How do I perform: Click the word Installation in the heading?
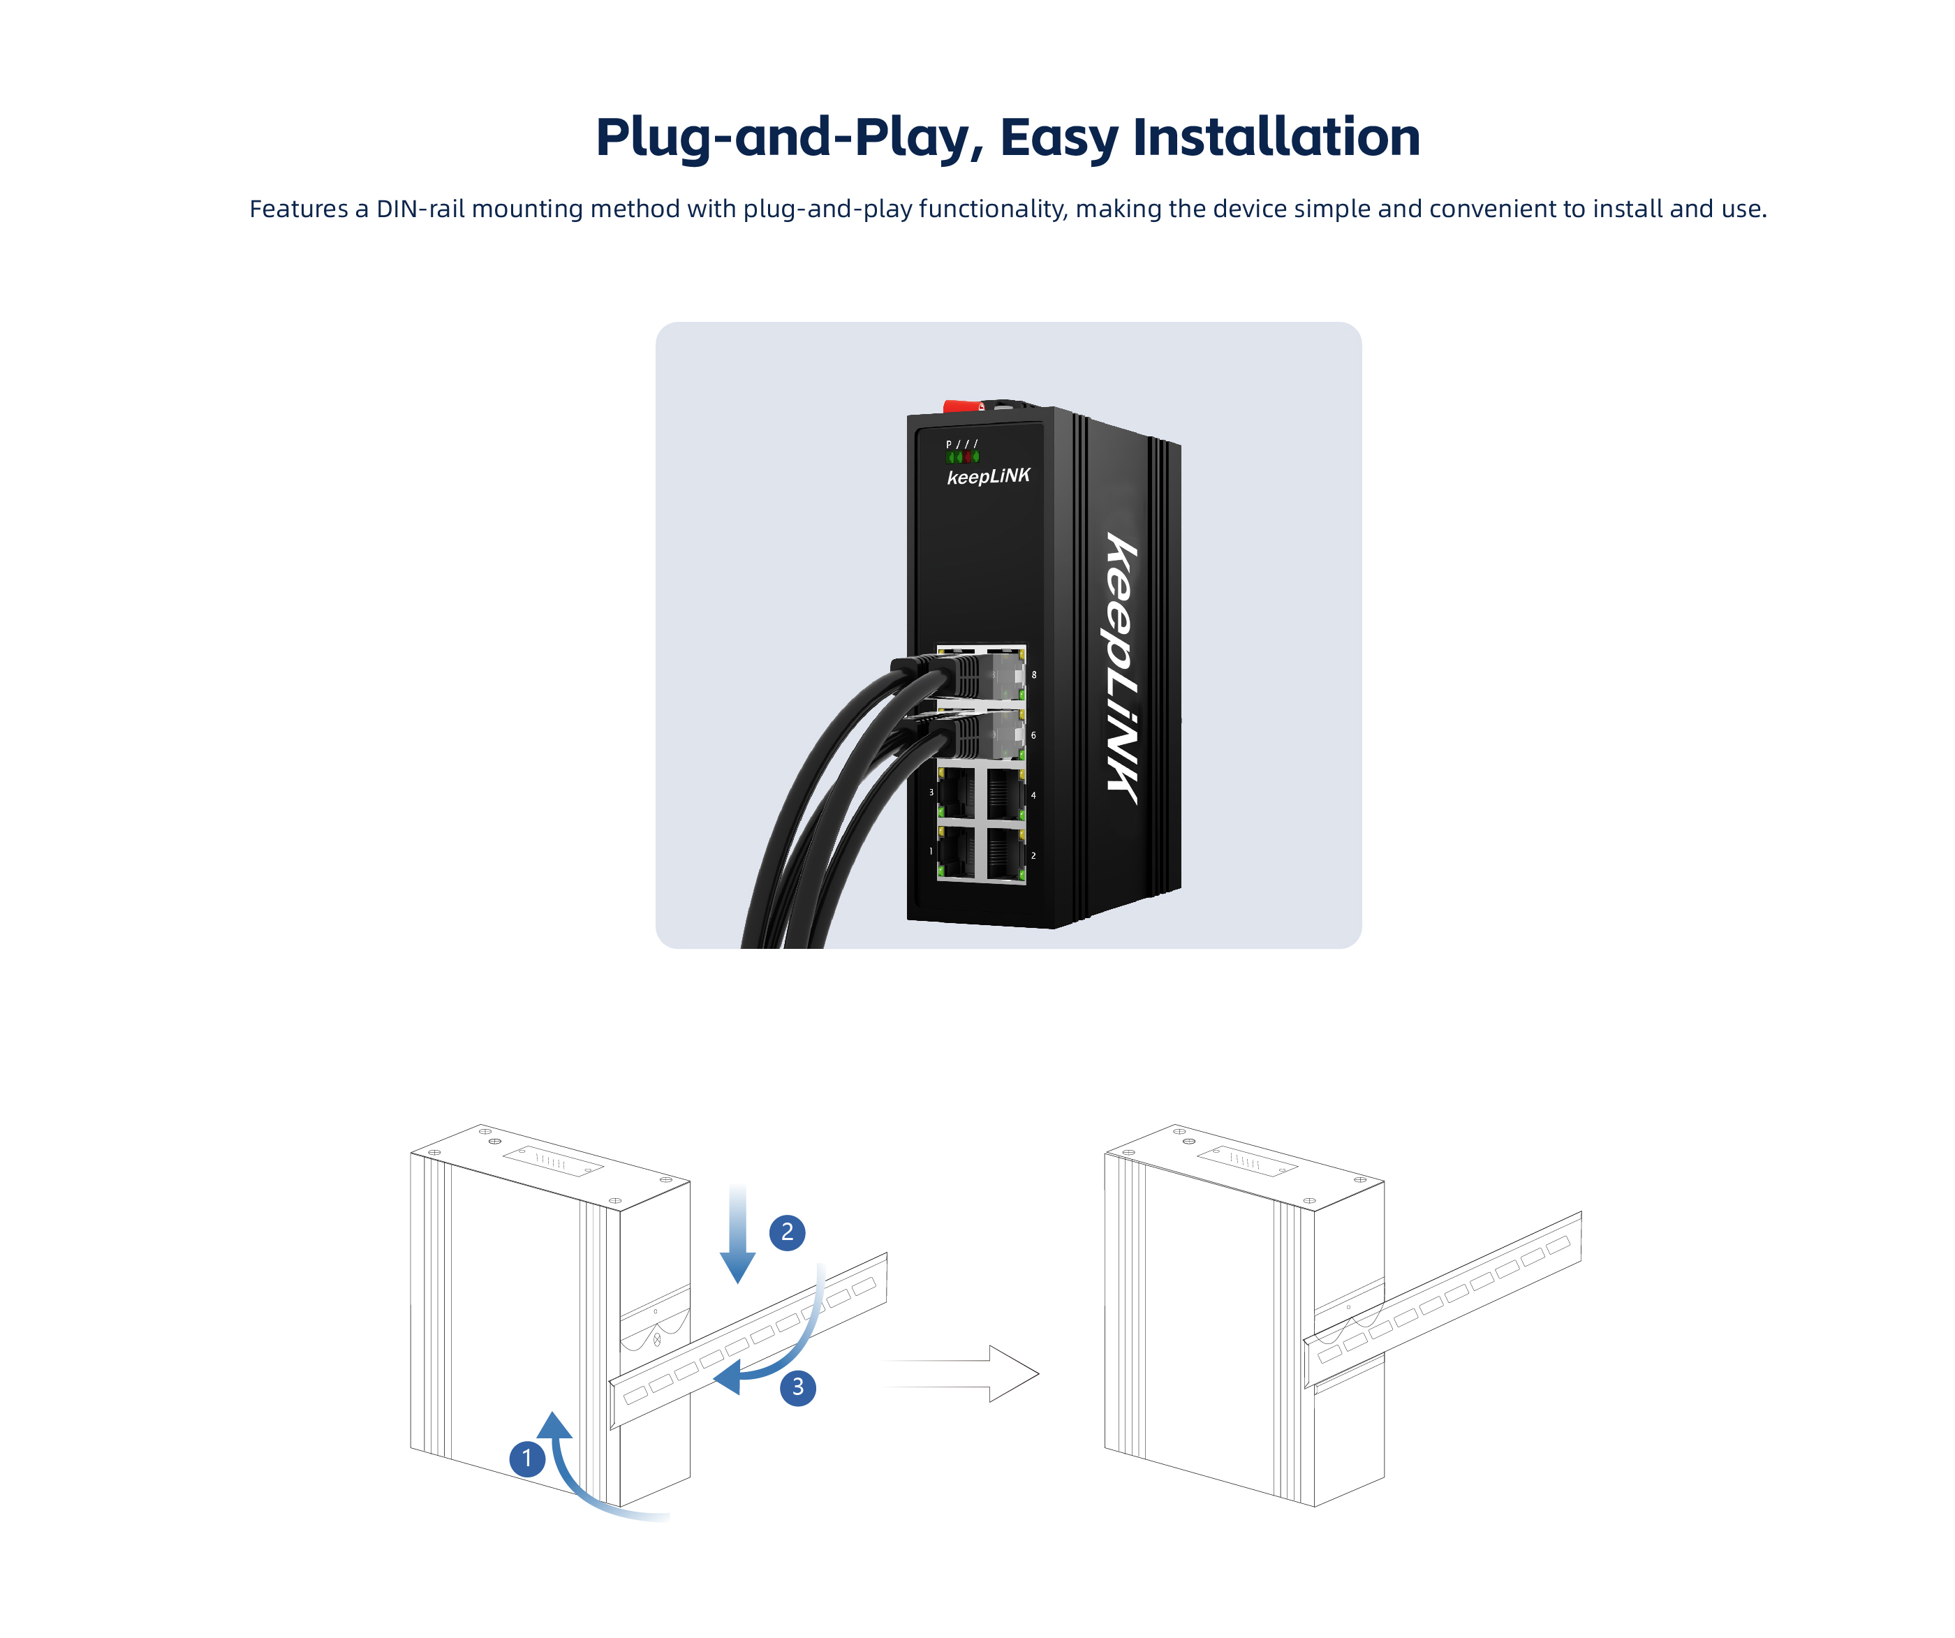click(x=1276, y=137)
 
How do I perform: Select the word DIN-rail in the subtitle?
click(x=420, y=209)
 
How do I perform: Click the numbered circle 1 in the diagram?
click(x=527, y=1459)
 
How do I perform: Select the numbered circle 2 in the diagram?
click(x=787, y=1232)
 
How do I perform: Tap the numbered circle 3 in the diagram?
click(x=798, y=1387)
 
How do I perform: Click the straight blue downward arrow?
click(x=737, y=1233)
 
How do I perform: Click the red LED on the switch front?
click(x=967, y=457)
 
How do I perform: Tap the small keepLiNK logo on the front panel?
click(x=988, y=476)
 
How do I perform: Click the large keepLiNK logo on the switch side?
click(x=1122, y=668)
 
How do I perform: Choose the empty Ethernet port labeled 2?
click(x=1005, y=853)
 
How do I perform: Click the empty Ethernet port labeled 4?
click(x=1005, y=793)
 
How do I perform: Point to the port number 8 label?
click(x=1033, y=674)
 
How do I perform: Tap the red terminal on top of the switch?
click(x=964, y=407)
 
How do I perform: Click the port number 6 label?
click(x=1033, y=735)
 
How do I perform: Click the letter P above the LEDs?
click(x=949, y=445)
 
